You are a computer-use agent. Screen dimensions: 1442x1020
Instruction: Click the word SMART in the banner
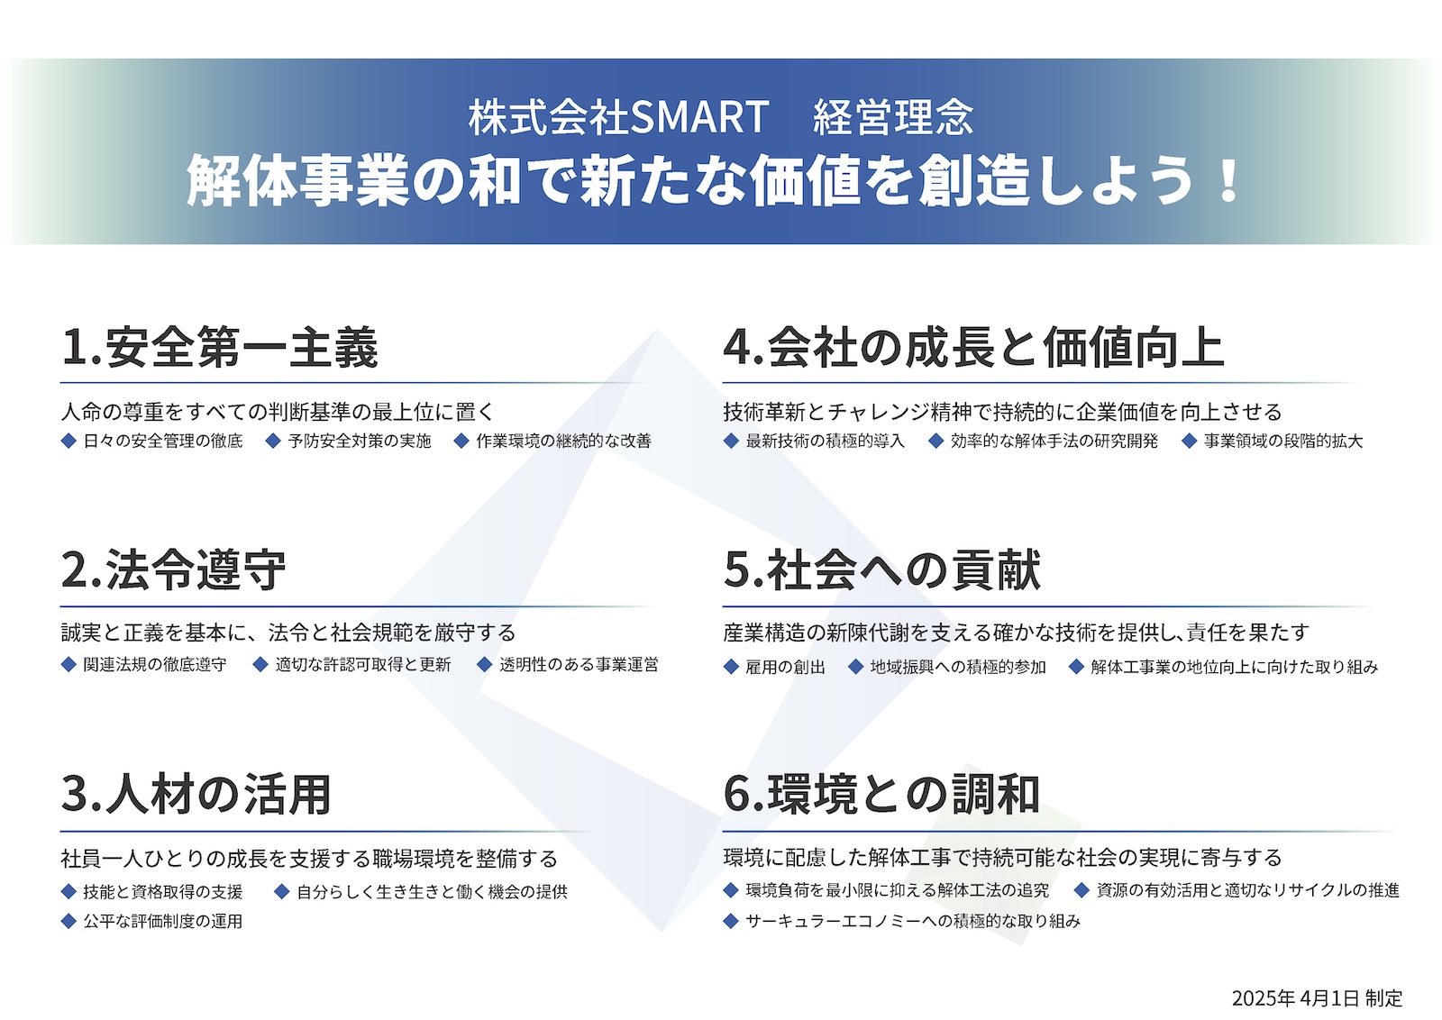(x=699, y=118)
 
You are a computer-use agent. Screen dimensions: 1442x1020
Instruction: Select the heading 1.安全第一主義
(x=220, y=348)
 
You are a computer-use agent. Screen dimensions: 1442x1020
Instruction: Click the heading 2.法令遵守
(x=173, y=569)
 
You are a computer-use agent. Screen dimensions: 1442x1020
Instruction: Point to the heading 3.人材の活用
(x=196, y=794)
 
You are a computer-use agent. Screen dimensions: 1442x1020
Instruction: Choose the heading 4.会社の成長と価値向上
(x=973, y=347)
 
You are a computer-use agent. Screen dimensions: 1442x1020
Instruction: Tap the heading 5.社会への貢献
(x=882, y=569)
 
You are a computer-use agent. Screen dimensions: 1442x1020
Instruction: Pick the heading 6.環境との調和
(x=881, y=794)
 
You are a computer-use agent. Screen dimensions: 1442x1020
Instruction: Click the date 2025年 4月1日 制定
(x=1317, y=998)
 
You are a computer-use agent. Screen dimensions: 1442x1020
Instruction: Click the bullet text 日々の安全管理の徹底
(x=163, y=441)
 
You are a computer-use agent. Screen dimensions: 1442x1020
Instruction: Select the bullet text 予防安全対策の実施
(x=360, y=441)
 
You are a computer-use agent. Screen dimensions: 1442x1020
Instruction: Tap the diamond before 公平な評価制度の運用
(x=68, y=921)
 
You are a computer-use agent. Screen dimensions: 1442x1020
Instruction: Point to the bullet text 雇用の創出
(x=785, y=667)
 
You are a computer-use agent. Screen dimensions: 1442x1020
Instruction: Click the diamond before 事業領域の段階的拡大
(x=1189, y=441)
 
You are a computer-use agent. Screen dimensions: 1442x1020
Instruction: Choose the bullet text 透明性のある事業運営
(x=579, y=665)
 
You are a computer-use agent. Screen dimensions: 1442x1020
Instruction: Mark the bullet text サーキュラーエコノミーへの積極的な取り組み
(x=912, y=921)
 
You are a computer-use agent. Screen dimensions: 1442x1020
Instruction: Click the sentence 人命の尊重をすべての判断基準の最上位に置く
(x=278, y=411)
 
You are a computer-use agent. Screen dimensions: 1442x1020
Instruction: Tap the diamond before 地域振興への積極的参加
(x=855, y=667)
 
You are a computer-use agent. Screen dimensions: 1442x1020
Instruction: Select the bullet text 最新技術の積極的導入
(x=825, y=441)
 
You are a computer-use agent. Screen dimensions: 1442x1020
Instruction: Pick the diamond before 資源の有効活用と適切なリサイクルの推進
(x=1081, y=890)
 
